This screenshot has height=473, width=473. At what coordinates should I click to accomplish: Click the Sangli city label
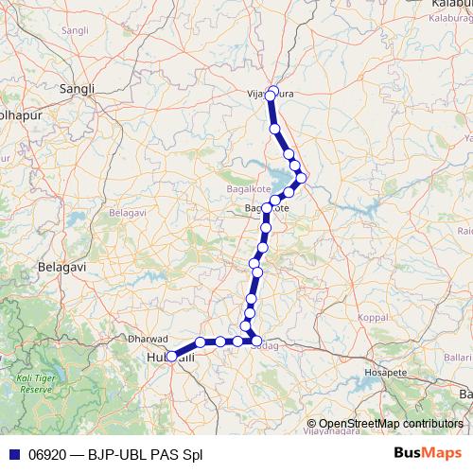click(x=78, y=89)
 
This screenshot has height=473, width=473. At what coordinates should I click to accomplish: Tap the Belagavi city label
click(x=61, y=268)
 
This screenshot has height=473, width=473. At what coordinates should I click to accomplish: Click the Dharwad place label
click(x=147, y=338)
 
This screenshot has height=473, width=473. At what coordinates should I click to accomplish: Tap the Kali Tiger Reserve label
click(x=36, y=383)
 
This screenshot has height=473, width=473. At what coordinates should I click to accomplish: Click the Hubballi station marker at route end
click(x=171, y=357)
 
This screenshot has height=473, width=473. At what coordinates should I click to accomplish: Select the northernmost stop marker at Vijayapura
click(x=273, y=91)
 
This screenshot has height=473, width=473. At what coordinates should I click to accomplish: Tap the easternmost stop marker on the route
click(x=302, y=177)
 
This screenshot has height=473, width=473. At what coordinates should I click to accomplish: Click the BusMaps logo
click(x=426, y=454)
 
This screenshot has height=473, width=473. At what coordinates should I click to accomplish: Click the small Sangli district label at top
click(x=74, y=31)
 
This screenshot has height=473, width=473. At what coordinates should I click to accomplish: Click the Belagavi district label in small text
click(x=125, y=215)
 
